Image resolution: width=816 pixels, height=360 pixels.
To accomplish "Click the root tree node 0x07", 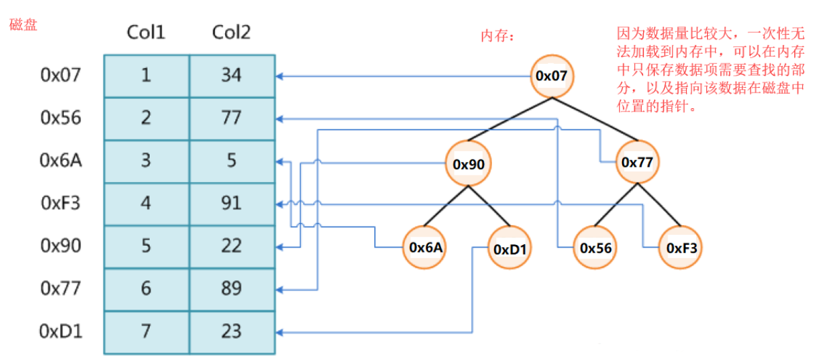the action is tap(555, 76).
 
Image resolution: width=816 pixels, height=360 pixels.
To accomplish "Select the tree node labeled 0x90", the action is tap(468, 163).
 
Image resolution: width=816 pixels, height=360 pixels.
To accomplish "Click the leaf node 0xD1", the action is tap(510, 248).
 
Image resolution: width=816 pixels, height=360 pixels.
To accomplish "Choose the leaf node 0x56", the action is tap(595, 248).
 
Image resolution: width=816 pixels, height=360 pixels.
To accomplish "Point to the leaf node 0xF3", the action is tap(681, 248).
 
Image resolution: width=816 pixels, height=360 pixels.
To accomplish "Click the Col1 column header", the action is tap(146, 33).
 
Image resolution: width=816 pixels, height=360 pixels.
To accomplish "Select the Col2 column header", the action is tap(231, 33).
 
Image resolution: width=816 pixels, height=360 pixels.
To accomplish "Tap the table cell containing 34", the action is tap(231, 76).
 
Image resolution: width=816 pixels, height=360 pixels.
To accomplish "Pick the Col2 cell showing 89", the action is tap(231, 289).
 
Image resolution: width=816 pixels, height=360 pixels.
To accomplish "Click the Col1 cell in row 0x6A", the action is tap(146, 161).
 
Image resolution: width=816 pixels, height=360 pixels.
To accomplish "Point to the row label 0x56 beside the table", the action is tap(61, 118).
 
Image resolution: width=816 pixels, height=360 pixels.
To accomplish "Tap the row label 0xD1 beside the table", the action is tap(61, 331).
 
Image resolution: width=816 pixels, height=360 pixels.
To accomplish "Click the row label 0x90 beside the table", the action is tap(61, 246).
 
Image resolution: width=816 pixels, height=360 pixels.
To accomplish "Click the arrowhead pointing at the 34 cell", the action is tap(279, 76).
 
